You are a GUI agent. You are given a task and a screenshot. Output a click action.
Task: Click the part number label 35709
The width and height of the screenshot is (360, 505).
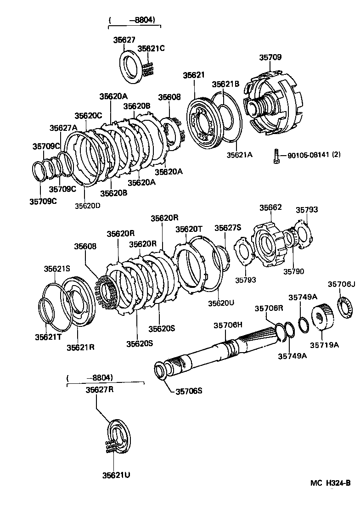click(270, 57)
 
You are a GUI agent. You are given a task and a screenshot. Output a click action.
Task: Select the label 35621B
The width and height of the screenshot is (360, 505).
click(225, 84)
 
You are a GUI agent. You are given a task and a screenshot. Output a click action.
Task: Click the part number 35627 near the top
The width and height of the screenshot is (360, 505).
click(124, 40)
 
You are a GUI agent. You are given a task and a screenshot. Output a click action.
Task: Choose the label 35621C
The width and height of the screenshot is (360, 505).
click(151, 48)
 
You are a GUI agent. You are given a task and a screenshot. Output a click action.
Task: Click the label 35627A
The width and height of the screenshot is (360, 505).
click(63, 128)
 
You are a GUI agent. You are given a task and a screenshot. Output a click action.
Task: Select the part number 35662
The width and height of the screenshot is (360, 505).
click(270, 208)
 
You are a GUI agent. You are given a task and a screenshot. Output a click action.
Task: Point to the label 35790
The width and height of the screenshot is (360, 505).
click(294, 271)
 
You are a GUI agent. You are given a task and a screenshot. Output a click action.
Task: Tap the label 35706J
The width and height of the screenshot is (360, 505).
click(342, 284)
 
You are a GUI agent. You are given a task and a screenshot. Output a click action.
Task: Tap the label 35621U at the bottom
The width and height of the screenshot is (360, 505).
click(116, 475)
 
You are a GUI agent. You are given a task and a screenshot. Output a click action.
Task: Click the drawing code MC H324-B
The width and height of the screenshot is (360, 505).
click(330, 483)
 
